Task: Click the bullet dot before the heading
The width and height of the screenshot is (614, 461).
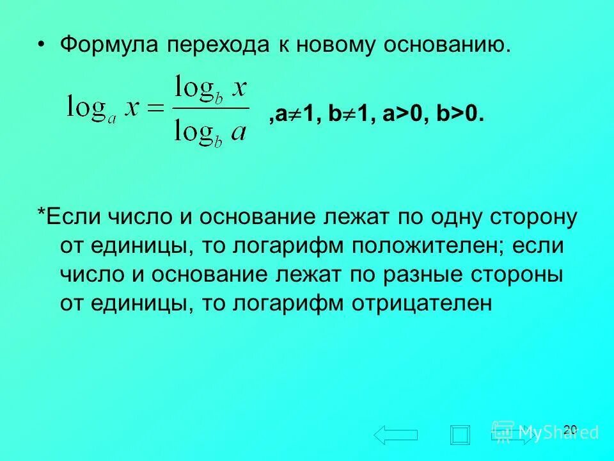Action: point(42,45)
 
